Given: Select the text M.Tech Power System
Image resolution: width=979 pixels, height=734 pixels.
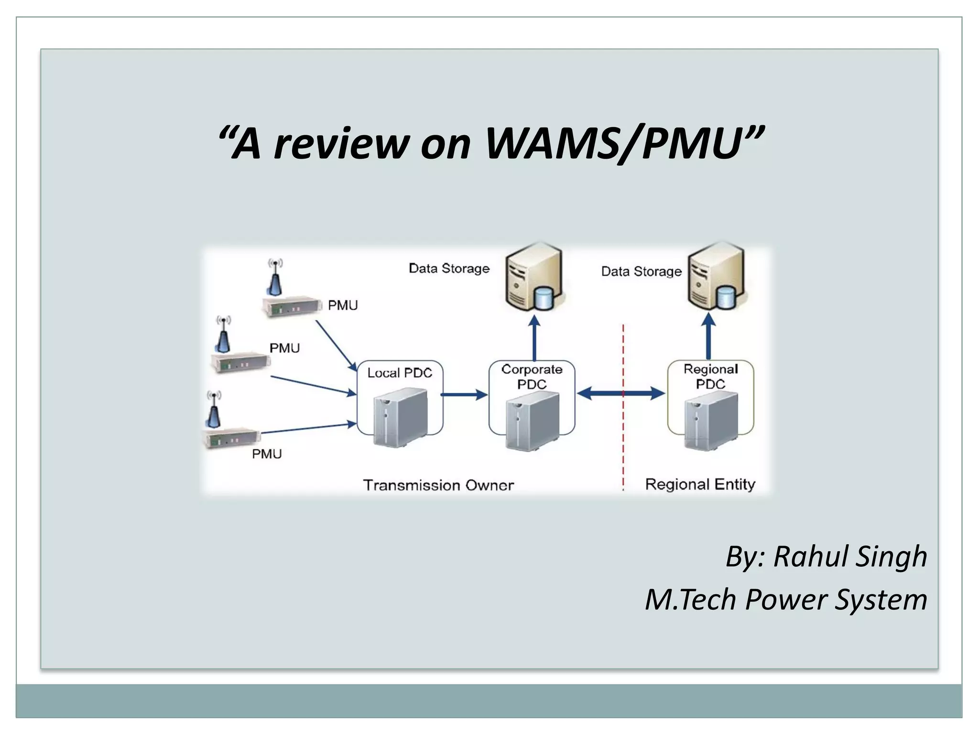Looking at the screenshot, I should click(x=786, y=599).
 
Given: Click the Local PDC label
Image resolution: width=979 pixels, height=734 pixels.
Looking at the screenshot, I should click(x=400, y=373).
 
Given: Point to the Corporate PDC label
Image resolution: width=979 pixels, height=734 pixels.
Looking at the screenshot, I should click(x=532, y=377).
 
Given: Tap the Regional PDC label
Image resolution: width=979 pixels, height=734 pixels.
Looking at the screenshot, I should click(x=710, y=376).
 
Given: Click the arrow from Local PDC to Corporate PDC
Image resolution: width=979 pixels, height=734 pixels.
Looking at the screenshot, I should click(x=463, y=394).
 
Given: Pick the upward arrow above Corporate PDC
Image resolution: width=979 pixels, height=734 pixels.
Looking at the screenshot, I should click(x=534, y=337).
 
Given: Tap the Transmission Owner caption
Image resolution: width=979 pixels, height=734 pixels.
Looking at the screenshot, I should click(x=438, y=485).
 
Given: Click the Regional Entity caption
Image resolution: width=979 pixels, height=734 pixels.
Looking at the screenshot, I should click(x=700, y=484).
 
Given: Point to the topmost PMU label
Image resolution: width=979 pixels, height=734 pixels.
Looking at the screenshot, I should click(x=342, y=305).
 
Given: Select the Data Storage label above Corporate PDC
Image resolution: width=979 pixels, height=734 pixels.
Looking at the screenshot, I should click(x=449, y=268).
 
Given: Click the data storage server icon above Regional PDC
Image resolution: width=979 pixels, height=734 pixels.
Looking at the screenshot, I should click(x=716, y=277).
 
